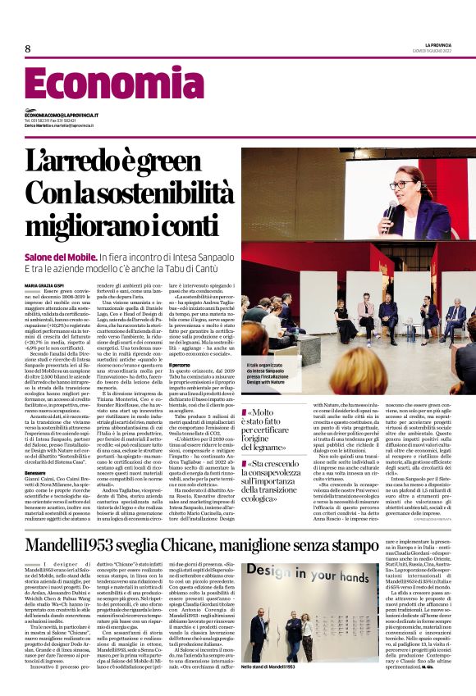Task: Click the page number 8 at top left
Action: (x=28, y=48)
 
